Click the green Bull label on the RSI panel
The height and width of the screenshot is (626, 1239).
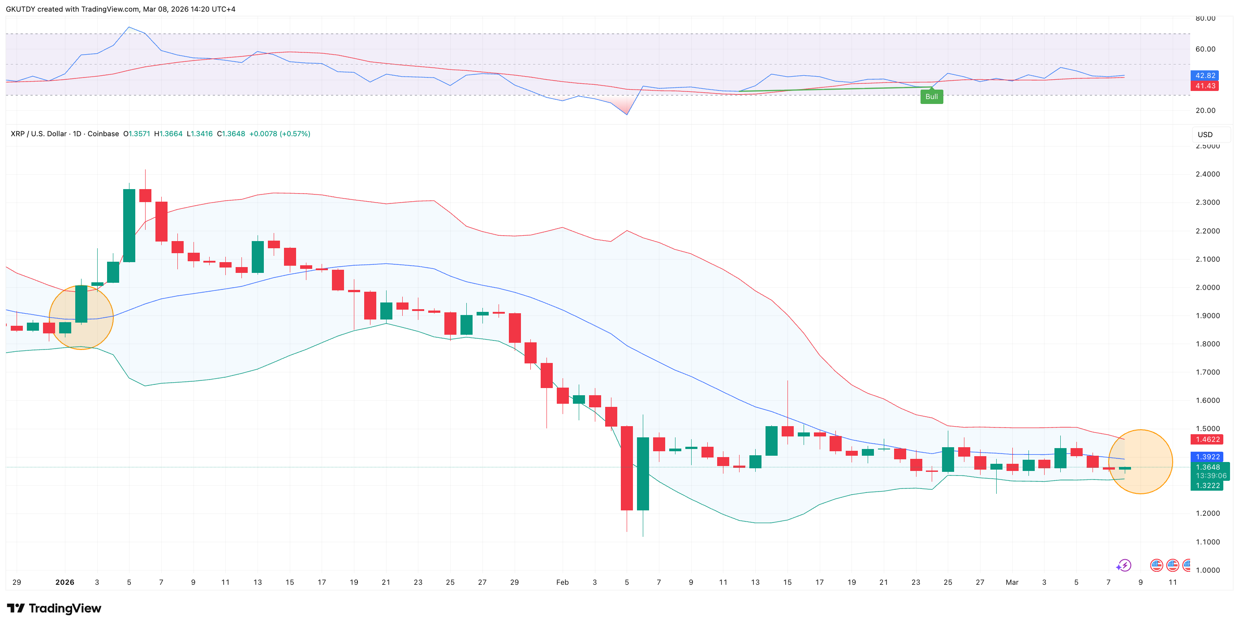click(931, 97)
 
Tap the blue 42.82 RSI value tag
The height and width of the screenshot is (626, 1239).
click(1205, 76)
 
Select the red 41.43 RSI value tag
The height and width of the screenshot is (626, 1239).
click(1205, 86)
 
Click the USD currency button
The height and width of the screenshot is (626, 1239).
click(1205, 135)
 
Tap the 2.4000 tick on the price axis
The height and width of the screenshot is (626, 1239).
click(1207, 174)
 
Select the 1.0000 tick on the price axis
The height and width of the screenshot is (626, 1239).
click(1207, 570)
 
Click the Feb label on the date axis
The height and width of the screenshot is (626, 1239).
click(562, 582)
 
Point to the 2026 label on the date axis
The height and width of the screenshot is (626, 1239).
click(65, 582)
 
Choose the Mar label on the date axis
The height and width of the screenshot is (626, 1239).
click(1012, 582)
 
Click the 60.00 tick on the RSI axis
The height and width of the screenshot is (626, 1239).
click(1205, 49)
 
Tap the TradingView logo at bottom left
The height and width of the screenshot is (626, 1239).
click(54, 608)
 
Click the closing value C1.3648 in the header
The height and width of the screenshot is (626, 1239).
click(231, 134)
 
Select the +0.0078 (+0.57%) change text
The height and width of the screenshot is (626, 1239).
click(280, 134)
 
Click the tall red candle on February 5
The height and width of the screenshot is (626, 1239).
click(627, 468)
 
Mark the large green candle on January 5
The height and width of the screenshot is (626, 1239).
click(129, 225)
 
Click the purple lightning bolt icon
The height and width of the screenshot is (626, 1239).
click(1124, 565)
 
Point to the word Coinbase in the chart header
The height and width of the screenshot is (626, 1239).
click(103, 134)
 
